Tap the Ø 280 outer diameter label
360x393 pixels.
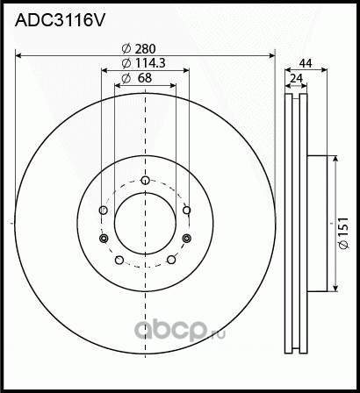(x=145, y=49)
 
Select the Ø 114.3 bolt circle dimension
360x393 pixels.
(x=145, y=64)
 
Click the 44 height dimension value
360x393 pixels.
(x=306, y=64)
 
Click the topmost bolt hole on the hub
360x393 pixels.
(x=145, y=182)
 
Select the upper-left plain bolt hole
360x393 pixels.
(x=104, y=211)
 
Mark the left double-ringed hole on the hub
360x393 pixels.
(x=104, y=239)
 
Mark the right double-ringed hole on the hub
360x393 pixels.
(x=185, y=239)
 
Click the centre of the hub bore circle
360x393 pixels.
(x=145, y=225)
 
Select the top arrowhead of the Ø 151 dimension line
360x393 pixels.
(x=335, y=159)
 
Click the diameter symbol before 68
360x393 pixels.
(x=126, y=78)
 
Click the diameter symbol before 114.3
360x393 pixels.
(x=126, y=64)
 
